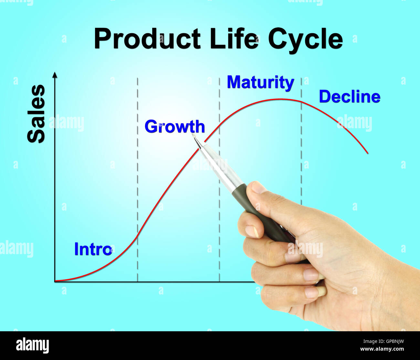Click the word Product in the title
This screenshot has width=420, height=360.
click(147, 39)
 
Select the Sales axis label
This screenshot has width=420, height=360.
click(36, 114)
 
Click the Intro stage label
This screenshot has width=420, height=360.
click(93, 249)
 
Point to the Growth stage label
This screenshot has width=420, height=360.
click(174, 127)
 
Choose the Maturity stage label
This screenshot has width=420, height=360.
click(260, 82)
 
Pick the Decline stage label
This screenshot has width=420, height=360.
click(350, 97)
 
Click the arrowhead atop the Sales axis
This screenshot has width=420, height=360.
click(55, 75)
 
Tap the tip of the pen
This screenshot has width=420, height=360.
click(193, 135)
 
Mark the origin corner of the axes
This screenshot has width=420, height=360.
click(55, 282)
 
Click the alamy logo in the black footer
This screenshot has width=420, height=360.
click(32, 345)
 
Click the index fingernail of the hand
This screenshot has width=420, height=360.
click(251, 231)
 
